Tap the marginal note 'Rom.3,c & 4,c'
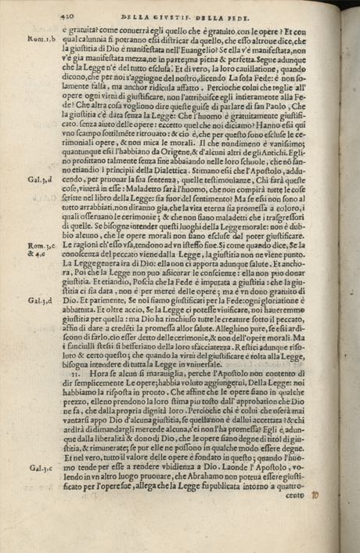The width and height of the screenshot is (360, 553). coord(38,248)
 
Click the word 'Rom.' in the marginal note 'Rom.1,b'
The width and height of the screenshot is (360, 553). coord(34,38)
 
